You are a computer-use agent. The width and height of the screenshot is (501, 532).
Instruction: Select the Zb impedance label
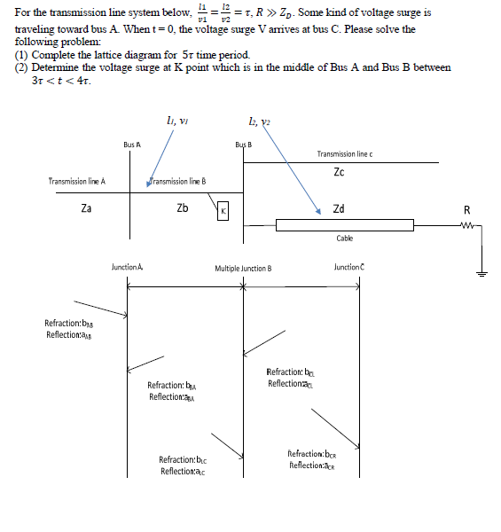(x=181, y=209)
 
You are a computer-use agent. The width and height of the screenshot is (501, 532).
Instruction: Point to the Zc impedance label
(x=340, y=173)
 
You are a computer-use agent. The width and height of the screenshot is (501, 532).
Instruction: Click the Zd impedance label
(x=339, y=209)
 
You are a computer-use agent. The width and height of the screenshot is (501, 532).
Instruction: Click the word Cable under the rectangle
(x=345, y=239)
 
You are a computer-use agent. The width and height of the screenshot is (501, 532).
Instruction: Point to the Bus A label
(x=132, y=144)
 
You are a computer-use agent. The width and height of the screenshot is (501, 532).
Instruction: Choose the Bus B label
(x=243, y=144)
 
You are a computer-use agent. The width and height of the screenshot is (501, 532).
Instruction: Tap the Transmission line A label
(x=77, y=181)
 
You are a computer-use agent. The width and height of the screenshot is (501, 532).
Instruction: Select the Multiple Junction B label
(x=243, y=267)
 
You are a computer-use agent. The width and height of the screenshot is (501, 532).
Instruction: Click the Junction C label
(x=349, y=266)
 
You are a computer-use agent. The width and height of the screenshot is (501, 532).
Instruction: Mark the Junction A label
(x=128, y=266)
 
